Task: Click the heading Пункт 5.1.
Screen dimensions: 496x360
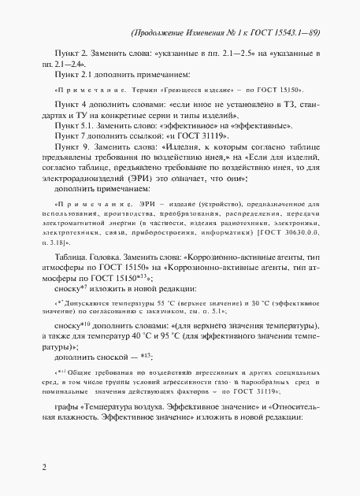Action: click(72, 126)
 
